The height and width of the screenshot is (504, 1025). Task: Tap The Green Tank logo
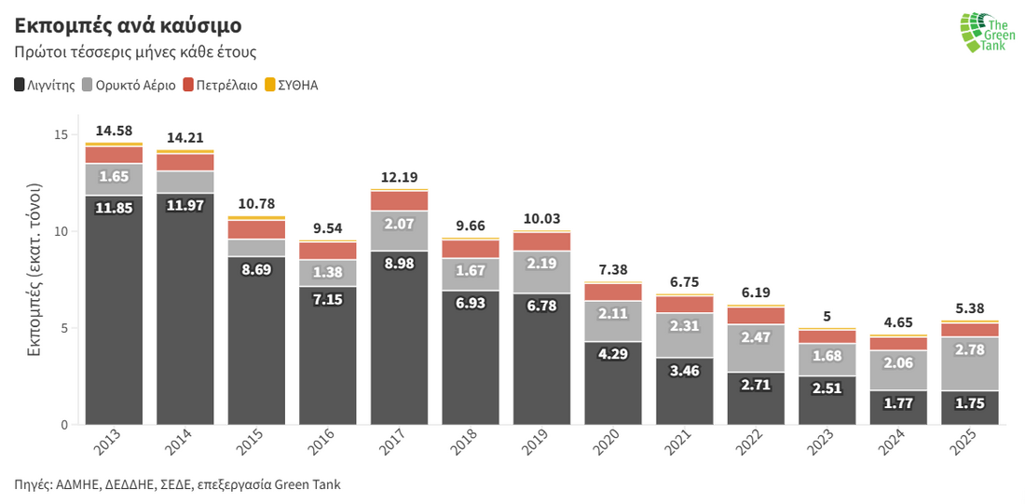point(983,33)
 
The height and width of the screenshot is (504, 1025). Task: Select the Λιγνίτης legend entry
point(45,85)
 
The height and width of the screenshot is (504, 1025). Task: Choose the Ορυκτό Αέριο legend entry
point(130,85)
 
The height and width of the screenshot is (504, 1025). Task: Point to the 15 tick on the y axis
point(61,135)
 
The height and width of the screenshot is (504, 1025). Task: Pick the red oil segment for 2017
point(399,200)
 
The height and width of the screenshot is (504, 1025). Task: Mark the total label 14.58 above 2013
point(114,130)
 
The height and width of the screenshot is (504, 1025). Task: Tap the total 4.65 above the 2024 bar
point(898,322)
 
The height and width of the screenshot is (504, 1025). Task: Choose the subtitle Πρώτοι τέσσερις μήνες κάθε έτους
point(135,52)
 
